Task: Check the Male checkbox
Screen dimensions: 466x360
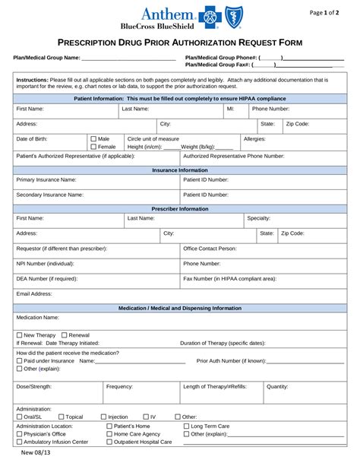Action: point(93,139)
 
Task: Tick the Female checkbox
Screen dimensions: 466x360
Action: point(93,147)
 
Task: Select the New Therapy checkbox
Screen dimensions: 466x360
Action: point(19,334)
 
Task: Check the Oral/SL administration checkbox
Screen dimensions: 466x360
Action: point(19,417)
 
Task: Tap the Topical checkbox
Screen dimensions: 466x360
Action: point(61,417)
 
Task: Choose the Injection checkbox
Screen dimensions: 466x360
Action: point(103,417)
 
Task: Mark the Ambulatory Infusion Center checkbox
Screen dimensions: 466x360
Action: point(19,442)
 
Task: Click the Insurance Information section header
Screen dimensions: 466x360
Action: point(180,170)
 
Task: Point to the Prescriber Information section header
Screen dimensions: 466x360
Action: point(180,208)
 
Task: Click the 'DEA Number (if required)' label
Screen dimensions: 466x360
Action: point(47,279)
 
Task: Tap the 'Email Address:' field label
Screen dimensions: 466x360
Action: point(34,293)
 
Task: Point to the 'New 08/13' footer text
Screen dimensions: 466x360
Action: point(37,454)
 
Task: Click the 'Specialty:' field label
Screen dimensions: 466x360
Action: point(258,218)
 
